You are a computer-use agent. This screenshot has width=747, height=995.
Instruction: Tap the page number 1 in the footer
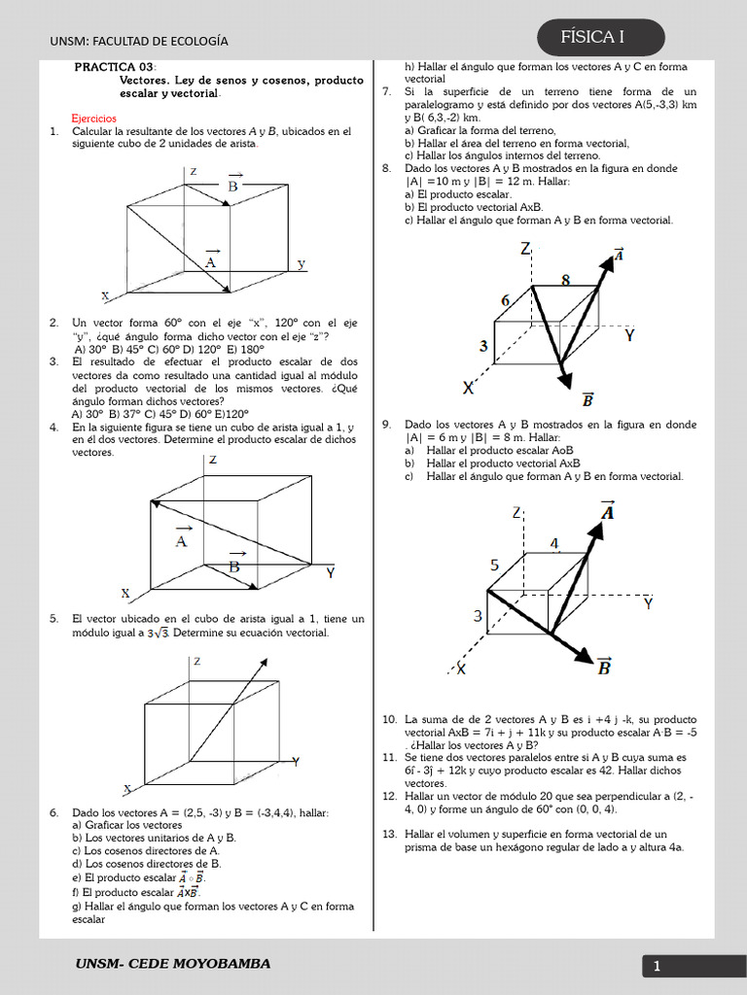(x=657, y=966)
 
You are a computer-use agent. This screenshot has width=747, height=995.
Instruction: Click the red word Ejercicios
(x=93, y=118)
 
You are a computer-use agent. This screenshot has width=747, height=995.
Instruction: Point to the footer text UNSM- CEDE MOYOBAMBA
(x=173, y=964)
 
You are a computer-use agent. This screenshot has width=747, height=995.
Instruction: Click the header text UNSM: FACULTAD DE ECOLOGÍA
(x=138, y=41)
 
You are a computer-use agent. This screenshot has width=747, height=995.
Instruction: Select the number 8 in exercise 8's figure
(x=566, y=280)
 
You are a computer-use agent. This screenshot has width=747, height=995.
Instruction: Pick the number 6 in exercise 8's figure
(x=506, y=301)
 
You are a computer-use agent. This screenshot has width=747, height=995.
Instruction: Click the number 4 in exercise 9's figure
(x=554, y=544)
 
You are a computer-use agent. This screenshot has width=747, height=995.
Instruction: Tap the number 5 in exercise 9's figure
(x=494, y=565)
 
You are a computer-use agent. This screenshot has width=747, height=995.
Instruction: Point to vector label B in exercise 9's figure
(x=604, y=666)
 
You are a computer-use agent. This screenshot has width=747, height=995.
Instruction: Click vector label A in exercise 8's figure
(x=618, y=255)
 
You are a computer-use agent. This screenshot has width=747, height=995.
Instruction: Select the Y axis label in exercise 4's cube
(x=331, y=573)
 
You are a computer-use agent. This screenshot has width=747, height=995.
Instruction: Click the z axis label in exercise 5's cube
(x=196, y=661)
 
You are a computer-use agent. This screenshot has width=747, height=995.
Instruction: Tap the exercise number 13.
(x=388, y=834)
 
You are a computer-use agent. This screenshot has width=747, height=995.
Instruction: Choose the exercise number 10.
(x=388, y=719)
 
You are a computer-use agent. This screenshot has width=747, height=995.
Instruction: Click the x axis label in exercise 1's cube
(x=105, y=295)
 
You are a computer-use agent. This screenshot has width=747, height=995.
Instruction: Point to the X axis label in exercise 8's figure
(x=469, y=388)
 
